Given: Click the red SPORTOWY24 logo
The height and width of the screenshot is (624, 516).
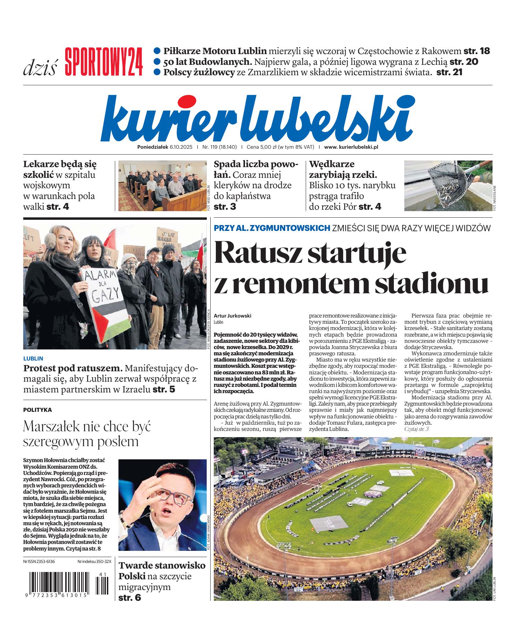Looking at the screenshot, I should pos(103,62).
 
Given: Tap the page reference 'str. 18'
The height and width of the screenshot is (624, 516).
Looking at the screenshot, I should pos(476,51).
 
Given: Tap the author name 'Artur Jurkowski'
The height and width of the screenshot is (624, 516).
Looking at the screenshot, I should pos(232,316).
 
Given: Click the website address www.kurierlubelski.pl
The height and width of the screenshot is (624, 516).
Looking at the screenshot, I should pos(351,147).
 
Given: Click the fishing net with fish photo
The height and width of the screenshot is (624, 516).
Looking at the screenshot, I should pos(447,185).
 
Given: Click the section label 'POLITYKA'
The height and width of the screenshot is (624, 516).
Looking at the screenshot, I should pos(37,410).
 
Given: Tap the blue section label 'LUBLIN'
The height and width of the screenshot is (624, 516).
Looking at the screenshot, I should pos(33,358).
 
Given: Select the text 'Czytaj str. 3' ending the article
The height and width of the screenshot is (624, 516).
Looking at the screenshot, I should pos(416,429).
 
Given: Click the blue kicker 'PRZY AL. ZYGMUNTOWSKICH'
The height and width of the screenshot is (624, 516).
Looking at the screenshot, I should pos(272,228).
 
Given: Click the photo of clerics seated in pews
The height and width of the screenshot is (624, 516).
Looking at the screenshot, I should pos(162,185).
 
